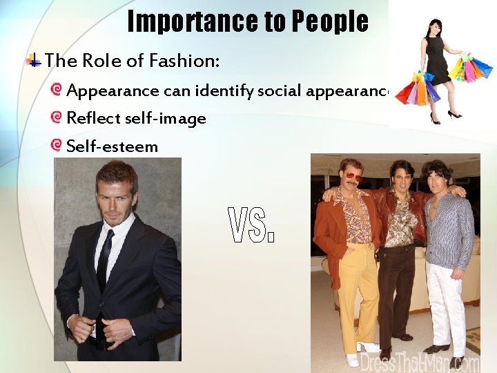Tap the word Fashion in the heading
pyautogui.click(x=190, y=61)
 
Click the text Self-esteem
pyautogui.click(x=112, y=146)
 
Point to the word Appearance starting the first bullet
pyautogui.click(x=113, y=90)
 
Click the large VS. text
pyautogui.click(x=251, y=227)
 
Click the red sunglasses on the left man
pyautogui.click(x=353, y=178)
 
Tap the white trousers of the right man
pyautogui.click(x=445, y=304)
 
